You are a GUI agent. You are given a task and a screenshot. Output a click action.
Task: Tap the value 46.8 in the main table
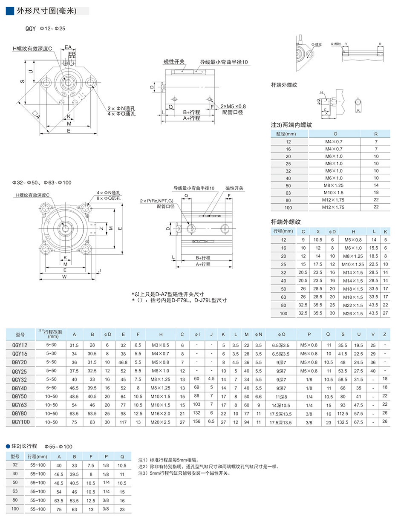(123, 362)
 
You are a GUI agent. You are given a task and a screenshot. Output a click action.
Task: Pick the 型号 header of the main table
(20, 334)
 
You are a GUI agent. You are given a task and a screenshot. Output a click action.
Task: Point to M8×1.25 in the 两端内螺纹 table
(334, 185)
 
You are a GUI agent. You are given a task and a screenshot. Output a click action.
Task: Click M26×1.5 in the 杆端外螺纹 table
(353, 313)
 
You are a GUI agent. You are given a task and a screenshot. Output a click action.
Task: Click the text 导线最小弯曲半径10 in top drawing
(224, 62)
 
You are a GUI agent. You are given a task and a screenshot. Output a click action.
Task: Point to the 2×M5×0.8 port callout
(233, 106)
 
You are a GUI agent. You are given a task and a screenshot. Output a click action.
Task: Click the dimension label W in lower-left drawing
(64, 277)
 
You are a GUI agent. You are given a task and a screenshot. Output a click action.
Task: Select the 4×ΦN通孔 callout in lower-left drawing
(109, 193)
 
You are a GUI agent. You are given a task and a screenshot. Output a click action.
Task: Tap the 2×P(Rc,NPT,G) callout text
(156, 201)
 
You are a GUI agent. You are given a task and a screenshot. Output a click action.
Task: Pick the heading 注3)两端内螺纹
(292, 125)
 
